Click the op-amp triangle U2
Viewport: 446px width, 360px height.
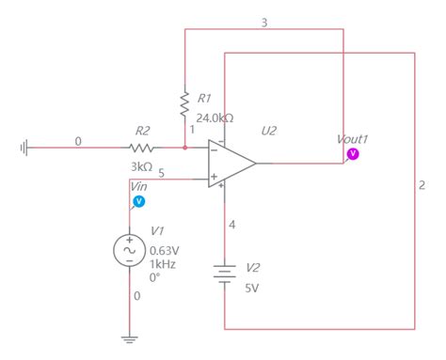tap(231, 163)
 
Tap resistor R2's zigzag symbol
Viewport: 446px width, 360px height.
tap(141, 148)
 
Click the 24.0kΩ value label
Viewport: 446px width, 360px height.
tap(215, 118)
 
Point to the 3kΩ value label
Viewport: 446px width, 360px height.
tap(142, 166)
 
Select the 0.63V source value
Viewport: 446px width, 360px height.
tap(166, 251)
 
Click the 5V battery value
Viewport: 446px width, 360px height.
tap(251, 288)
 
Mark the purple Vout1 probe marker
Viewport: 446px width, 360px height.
tap(352, 152)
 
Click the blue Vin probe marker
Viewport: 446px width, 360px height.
tap(139, 200)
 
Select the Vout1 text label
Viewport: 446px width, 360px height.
tap(352, 139)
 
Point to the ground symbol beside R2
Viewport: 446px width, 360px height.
tap(24, 148)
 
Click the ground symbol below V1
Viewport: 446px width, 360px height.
tap(130, 338)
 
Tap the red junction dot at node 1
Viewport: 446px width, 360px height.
tap(184, 148)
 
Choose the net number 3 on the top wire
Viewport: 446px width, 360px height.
tap(263, 21)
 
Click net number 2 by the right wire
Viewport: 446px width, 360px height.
tap(422, 184)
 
